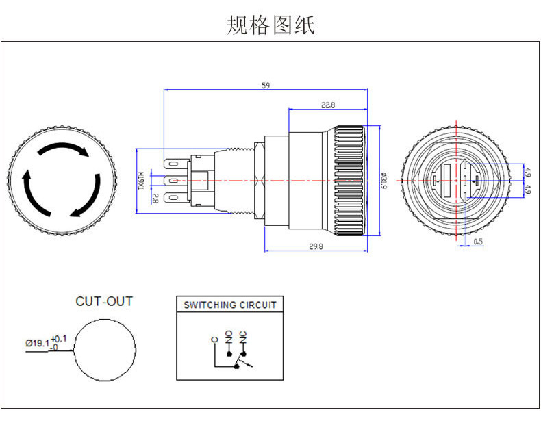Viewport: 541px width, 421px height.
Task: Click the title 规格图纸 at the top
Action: click(270, 25)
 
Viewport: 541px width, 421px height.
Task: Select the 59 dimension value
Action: click(266, 86)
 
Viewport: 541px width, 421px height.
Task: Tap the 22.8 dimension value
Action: click(328, 105)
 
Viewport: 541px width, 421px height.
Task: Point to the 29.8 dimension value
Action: click(316, 246)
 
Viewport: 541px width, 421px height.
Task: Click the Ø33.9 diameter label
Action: click(383, 180)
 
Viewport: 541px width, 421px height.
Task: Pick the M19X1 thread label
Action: click(143, 180)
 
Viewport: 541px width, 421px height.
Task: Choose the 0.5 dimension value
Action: click(478, 241)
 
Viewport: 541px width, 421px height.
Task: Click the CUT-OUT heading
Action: click(104, 301)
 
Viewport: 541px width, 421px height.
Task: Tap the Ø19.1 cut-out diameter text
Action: click(38, 343)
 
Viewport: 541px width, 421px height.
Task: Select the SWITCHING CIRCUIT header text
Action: click(230, 305)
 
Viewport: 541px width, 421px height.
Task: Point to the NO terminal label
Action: click(229, 335)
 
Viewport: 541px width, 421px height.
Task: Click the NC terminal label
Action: click(242, 335)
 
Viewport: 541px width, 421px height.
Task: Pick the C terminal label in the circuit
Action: click(214, 340)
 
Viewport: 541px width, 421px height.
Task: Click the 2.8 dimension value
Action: click(155, 199)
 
